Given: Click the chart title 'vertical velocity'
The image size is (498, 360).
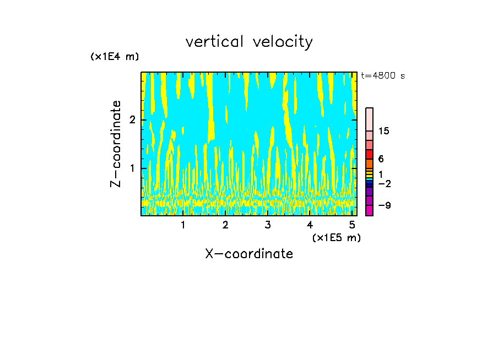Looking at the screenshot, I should pos(249,42).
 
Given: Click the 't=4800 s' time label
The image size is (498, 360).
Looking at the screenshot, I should pos(383,76).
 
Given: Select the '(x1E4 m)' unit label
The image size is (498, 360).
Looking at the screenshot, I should pos(115,57).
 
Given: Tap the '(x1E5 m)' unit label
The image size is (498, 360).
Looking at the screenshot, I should pos(336,237).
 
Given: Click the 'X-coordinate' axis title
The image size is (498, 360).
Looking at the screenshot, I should pos(249,254).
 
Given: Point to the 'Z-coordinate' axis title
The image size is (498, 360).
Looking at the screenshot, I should pos(116,144).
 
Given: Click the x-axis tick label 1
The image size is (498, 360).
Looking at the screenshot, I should pos(183,225).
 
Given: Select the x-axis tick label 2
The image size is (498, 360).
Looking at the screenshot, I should pos(225,225).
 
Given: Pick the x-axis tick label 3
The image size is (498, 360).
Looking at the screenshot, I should pos(267,225).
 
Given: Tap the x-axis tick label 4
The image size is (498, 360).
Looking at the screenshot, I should pos(310,225).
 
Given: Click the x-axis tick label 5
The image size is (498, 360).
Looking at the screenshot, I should pos(351,225).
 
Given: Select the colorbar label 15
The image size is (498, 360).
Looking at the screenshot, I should pos(384,131).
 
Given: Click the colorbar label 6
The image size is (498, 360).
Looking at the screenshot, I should pos(381,159).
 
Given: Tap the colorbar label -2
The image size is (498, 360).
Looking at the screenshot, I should pos(385,183).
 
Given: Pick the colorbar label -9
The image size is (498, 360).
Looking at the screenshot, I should pos(385,205).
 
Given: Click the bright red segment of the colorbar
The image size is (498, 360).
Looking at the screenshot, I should pos(370,154).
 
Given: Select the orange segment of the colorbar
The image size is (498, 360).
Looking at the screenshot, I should pos(370,163).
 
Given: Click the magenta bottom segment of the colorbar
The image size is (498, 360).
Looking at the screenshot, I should pos(370,210).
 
